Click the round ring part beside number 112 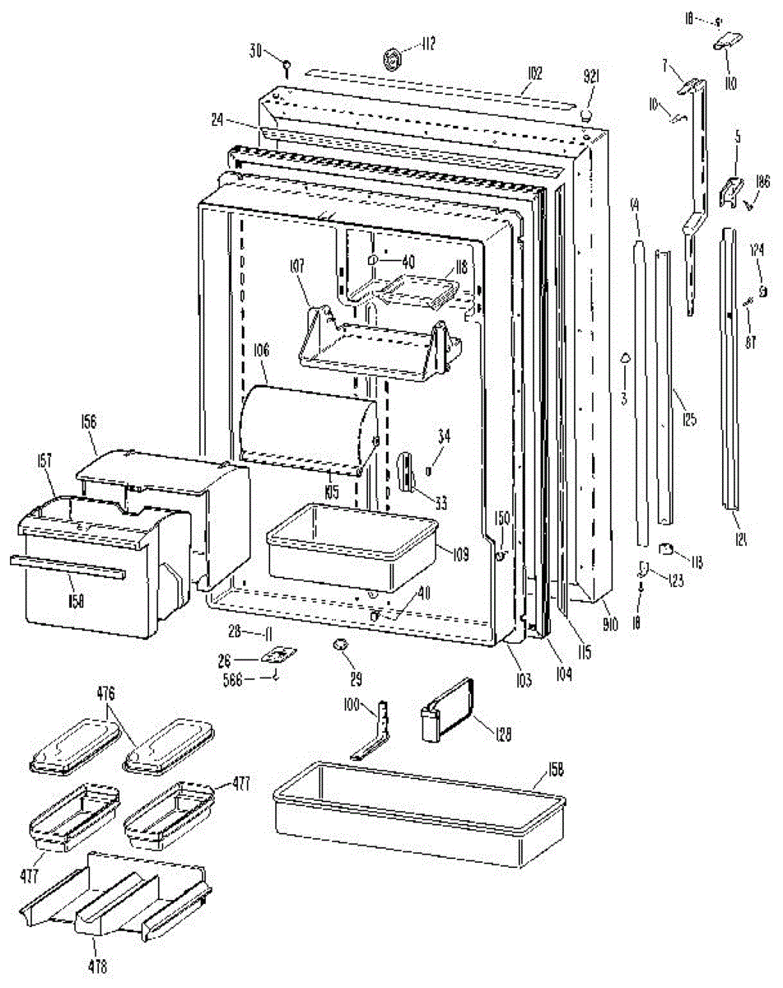point(394,58)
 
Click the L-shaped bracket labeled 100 point(375,732)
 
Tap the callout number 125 point(689,419)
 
